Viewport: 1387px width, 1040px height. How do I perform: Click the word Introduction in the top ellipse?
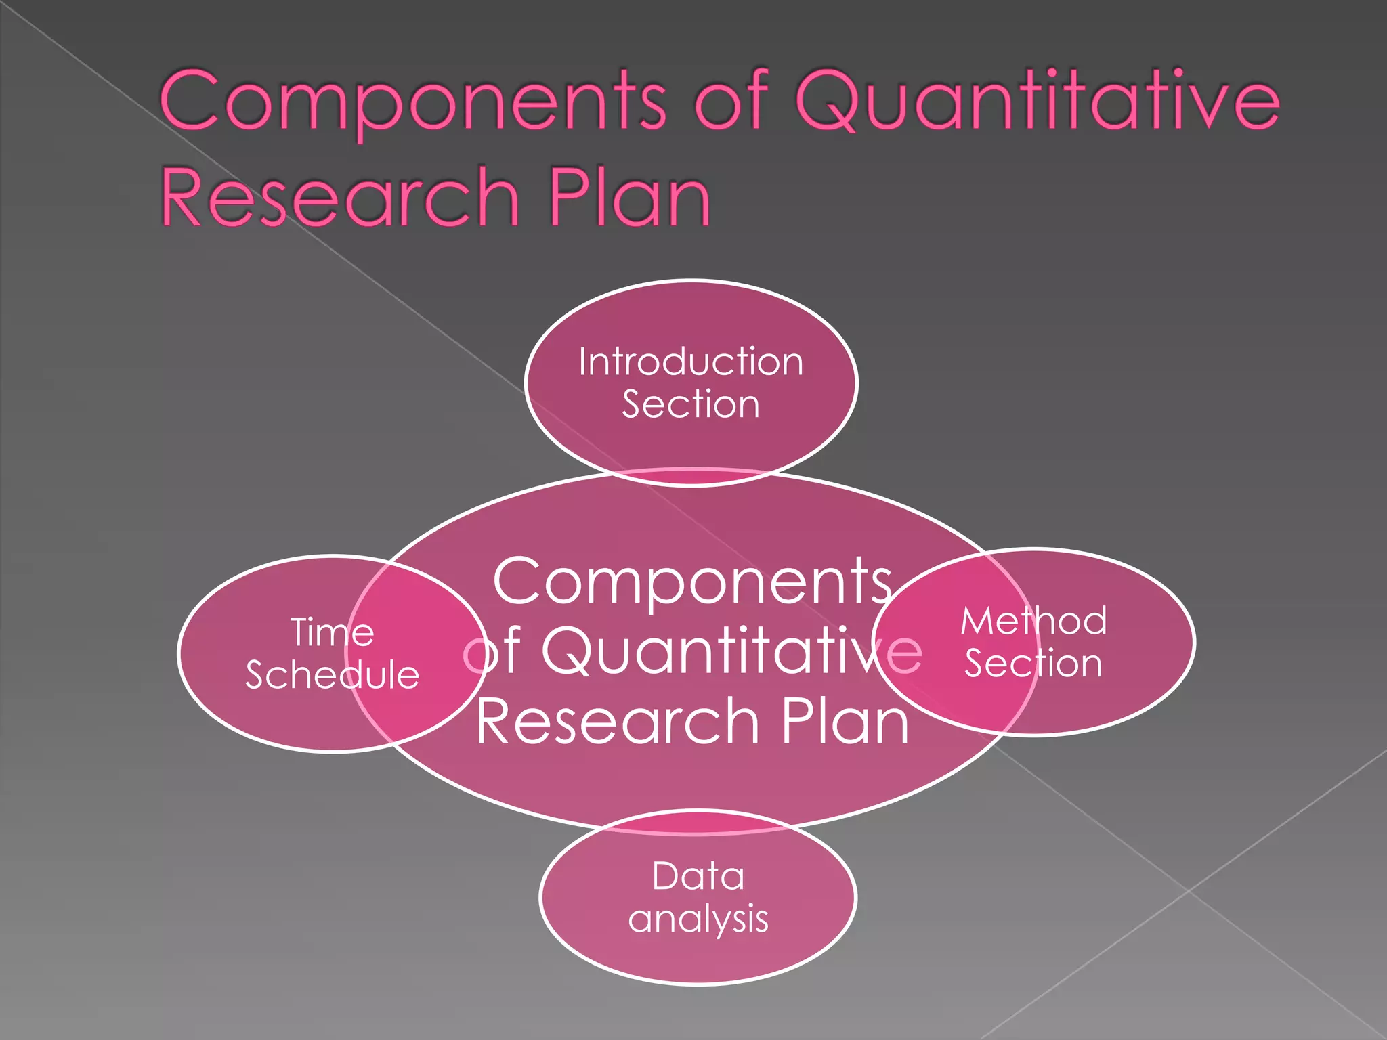[x=691, y=362]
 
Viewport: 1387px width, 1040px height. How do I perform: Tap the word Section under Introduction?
[x=691, y=404]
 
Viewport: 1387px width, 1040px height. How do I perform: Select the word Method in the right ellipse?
[x=1033, y=620]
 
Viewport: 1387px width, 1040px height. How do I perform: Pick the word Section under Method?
[x=1033, y=663]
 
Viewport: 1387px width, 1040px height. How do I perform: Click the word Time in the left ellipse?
[x=332, y=632]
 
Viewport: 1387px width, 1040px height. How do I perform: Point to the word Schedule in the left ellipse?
[x=332, y=675]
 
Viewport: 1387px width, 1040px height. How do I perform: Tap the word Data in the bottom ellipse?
[x=698, y=876]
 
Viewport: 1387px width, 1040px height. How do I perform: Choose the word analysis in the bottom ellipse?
[x=698, y=919]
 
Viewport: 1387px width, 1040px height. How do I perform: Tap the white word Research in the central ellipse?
[x=618, y=722]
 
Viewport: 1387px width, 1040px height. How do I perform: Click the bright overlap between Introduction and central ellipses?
[x=691, y=477]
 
